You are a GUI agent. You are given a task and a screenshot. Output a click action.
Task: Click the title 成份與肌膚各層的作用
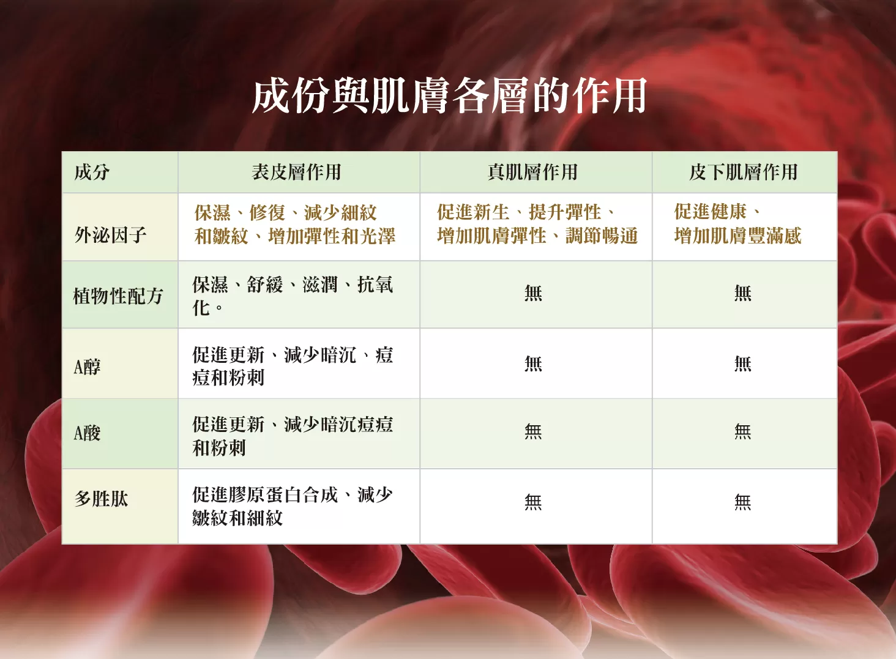[449, 96]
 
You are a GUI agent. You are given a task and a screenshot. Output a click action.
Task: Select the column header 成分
[92, 173]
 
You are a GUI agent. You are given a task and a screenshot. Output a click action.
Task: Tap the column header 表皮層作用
[296, 173]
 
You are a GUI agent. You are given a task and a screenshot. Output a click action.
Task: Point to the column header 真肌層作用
[532, 173]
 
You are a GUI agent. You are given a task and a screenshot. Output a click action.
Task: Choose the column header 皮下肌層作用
[743, 173]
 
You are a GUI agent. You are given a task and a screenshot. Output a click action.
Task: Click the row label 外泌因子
[110, 235]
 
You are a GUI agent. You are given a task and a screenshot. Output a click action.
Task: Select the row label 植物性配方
[118, 296]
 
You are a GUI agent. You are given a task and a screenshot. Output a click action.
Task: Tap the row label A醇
[87, 367]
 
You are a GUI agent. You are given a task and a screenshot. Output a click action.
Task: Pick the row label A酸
[87, 433]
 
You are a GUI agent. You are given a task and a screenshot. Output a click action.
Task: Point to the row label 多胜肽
[101, 499]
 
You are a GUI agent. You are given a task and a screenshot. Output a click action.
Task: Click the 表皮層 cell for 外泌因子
[295, 225]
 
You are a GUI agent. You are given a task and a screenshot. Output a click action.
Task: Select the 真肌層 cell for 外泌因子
[537, 224]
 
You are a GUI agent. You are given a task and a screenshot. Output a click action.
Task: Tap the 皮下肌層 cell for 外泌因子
[738, 224]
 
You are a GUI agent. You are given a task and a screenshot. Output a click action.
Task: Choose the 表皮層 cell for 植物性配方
[293, 296]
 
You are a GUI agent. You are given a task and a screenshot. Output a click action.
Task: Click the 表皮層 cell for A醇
[293, 367]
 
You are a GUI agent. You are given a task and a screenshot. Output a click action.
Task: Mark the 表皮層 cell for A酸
[293, 436]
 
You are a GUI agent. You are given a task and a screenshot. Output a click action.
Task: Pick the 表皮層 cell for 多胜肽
[293, 506]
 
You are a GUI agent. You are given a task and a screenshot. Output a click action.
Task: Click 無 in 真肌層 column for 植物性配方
[533, 293]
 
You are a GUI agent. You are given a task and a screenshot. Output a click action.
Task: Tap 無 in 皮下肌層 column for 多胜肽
[743, 502]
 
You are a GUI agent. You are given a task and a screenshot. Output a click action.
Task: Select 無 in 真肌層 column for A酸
[533, 432]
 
